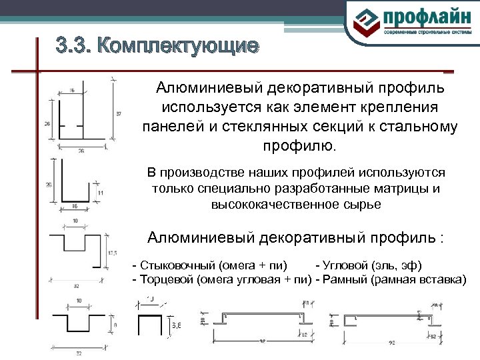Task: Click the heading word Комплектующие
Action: tap(176, 46)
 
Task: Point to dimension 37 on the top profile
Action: tap(119, 115)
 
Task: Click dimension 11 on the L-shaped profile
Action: tap(100, 193)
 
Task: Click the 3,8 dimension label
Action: tap(177, 325)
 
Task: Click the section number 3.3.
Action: tap(71, 46)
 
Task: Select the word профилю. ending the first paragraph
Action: tap(298, 145)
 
